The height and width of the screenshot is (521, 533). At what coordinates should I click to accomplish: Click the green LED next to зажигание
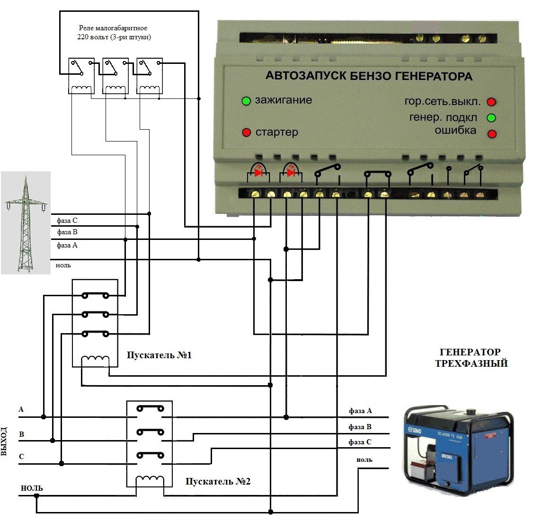[246, 101]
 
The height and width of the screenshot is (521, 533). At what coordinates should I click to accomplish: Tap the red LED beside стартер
[246, 132]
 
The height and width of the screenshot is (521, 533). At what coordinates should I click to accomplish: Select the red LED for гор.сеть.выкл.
[491, 102]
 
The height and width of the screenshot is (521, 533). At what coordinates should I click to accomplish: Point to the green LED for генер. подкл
[491, 117]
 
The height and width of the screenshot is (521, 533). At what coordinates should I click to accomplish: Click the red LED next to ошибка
[492, 134]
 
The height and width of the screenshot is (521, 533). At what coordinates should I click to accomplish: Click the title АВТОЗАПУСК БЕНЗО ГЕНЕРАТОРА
[369, 76]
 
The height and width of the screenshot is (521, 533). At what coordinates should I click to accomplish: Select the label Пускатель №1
[160, 355]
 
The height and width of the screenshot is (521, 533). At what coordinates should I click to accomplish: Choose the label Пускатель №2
[218, 482]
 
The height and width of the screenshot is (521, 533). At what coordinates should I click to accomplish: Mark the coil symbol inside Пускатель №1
[95, 361]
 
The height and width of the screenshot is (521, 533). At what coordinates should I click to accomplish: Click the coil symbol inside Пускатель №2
[149, 481]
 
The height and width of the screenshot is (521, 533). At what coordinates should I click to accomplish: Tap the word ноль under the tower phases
[63, 265]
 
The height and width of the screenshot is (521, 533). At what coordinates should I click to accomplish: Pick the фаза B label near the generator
[360, 427]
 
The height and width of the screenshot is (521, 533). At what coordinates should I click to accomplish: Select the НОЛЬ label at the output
[32, 488]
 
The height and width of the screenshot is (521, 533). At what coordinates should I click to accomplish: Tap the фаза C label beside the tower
[67, 221]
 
